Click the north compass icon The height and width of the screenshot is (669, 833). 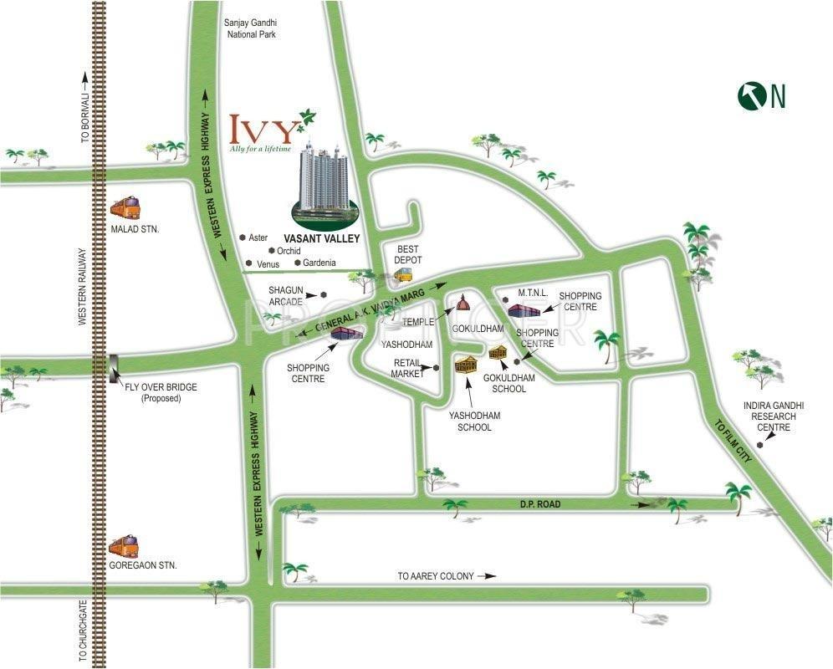752,95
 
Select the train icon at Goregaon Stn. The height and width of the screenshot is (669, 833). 124,546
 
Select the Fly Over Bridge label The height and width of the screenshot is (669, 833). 161,392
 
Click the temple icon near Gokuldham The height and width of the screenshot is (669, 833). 462,302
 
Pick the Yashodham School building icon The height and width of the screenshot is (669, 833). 467,365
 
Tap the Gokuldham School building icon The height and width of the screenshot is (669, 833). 498,351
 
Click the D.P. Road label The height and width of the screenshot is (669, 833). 538,504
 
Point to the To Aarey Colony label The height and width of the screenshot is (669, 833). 436,576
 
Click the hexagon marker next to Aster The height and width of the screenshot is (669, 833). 242,237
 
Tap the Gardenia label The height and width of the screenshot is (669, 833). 319,263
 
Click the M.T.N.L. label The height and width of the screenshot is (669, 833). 532,293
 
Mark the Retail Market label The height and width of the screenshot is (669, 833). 409,368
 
